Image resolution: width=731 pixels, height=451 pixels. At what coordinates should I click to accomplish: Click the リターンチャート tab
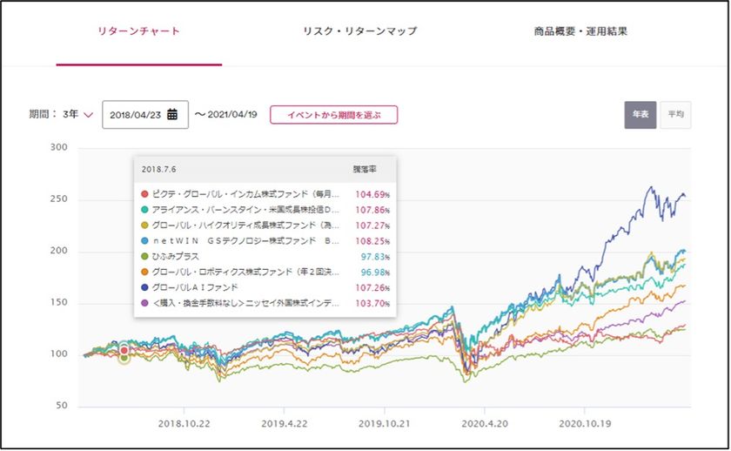(139, 32)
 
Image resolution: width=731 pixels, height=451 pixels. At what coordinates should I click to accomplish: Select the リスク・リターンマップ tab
(359, 32)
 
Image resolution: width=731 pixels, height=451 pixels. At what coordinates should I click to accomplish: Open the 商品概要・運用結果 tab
(580, 32)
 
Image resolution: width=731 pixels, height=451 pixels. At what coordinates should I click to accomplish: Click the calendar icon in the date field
(172, 114)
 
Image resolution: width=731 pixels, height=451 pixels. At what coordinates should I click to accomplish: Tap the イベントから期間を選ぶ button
(333, 115)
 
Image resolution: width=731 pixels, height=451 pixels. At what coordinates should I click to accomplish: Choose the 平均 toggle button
(675, 115)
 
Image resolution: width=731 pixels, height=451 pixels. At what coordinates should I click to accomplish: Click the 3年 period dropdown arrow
(89, 115)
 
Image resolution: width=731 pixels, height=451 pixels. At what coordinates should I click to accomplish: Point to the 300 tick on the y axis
(59, 148)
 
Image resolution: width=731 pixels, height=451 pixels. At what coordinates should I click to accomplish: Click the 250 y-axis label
(59, 199)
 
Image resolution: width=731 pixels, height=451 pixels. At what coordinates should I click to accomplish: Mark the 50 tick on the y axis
(62, 406)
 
